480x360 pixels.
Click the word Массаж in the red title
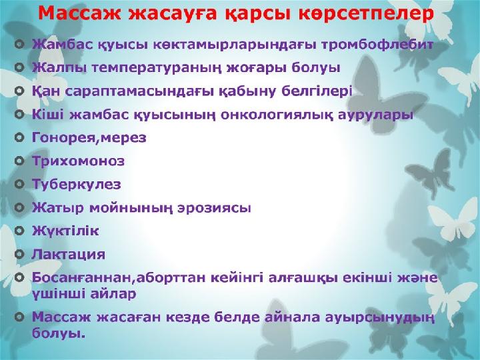click(79, 14)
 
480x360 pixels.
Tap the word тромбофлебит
click(377, 45)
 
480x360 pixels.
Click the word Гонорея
click(64, 138)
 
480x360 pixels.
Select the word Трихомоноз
click(79, 161)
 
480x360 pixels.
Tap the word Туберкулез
click(77, 184)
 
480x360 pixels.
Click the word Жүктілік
click(65, 231)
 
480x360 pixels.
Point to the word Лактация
click(69, 255)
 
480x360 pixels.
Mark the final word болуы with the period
click(59, 333)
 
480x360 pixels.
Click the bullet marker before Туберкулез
click(19, 184)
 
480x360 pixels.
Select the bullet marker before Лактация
click(19, 254)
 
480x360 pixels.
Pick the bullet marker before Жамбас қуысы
click(19, 45)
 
